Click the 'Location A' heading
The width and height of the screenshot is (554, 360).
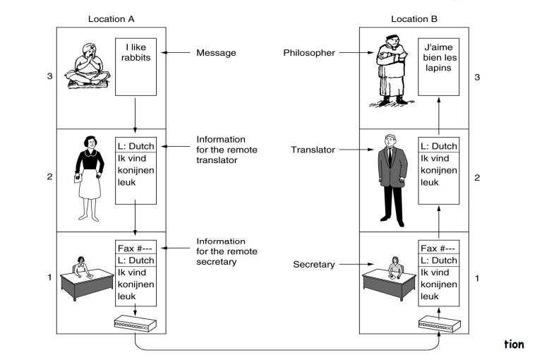click(111, 18)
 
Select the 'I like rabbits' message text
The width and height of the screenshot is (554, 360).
click(135, 53)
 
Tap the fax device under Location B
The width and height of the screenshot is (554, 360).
click(439, 325)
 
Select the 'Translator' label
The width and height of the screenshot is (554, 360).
click(311, 150)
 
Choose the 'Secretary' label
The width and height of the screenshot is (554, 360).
click(313, 265)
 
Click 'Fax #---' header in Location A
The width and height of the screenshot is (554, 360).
click(135, 247)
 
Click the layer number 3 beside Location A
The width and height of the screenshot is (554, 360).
click(49, 76)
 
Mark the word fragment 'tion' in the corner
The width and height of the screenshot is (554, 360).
click(514, 344)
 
